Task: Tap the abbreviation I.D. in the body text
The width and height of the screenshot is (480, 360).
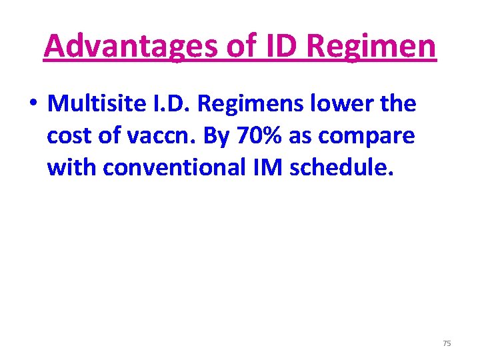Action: pos(171,104)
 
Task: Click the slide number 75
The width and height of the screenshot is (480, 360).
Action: pos(447,343)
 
